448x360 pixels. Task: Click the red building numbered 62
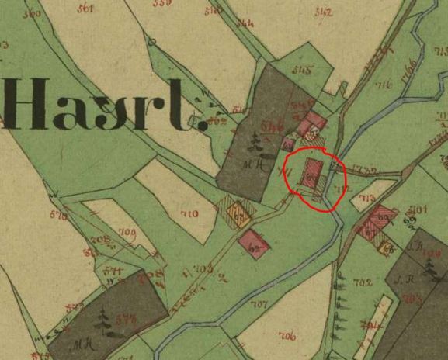255,243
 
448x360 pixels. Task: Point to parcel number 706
287,335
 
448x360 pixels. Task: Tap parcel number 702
361,282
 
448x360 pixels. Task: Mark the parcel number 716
382,85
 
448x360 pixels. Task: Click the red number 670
56,214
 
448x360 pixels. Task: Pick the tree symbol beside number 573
103,318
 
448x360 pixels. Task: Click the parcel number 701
422,209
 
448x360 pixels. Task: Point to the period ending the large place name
205,125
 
